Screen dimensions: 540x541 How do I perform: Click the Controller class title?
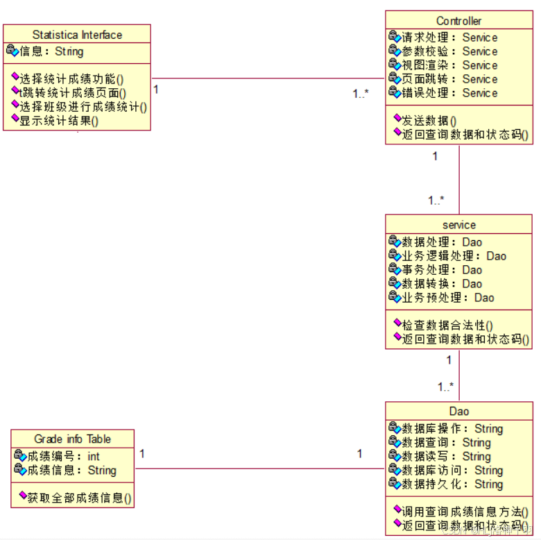[458, 21]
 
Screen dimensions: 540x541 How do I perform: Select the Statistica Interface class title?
[77, 35]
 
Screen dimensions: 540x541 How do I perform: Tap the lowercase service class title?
[458, 225]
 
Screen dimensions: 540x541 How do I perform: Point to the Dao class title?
[458, 412]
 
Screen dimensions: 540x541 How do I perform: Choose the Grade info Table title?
[72, 439]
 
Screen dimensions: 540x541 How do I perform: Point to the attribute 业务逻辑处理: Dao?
[454, 256]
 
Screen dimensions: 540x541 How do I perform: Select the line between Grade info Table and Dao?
[259, 469]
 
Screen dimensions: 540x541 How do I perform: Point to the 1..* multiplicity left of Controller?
[360, 94]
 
